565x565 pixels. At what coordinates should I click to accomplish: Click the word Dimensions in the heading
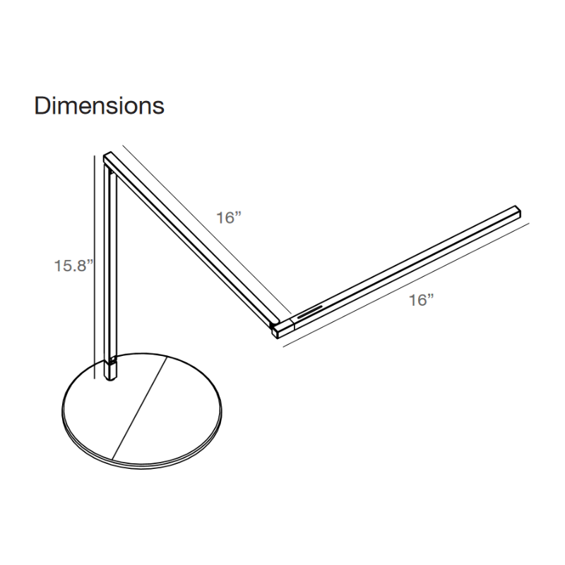(x=99, y=105)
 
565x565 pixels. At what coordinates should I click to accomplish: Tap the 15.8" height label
(x=73, y=266)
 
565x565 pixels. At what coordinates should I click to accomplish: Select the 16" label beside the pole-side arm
(x=228, y=218)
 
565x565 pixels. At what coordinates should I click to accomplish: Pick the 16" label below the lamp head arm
(x=421, y=299)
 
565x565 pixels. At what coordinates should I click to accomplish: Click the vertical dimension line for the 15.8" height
(x=95, y=267)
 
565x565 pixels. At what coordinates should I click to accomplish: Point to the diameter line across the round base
(x=139, y=408)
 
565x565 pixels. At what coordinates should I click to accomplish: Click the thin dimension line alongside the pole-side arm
(x=207, y=229)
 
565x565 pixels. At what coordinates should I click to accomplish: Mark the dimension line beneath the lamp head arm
(x=406, y=285)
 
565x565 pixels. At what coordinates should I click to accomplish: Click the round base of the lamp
(x=143, y=412)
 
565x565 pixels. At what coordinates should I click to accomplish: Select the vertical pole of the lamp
(x=111, y=274)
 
